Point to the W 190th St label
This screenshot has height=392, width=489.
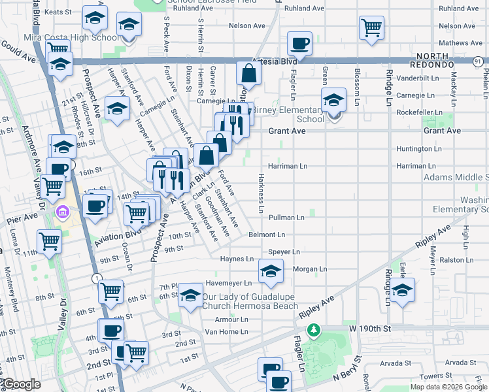(x=369, y=327)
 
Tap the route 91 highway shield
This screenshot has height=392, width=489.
(x=480, y=61)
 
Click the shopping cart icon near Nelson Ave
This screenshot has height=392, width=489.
(x=371, y=28)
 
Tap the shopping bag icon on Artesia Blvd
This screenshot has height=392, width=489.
(x=248, y=74)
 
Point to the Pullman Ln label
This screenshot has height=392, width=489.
(x=286, y=217)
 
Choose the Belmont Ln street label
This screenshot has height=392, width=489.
(x=267, y=235)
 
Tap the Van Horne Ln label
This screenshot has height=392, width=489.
(x=226, y=331)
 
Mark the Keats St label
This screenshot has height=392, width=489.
(x=58, y=12)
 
